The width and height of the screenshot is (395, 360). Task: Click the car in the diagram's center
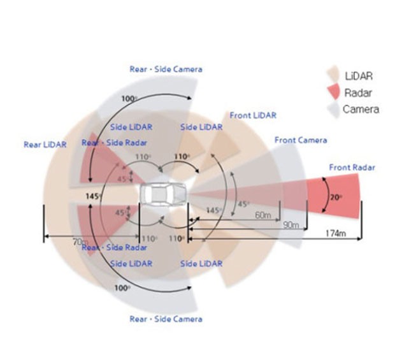(x=164, y=194)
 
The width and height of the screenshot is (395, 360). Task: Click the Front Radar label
(x=352, y=168)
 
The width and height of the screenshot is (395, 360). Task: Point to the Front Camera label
(x=301, y=140)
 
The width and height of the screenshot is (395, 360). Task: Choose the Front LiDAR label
(x=254, y=115)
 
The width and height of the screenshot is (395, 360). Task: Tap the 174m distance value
(x=334, y=234)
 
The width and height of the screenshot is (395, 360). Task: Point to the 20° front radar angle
(x=336, y=198)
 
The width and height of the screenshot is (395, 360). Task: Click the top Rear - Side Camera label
(x=166, y=69)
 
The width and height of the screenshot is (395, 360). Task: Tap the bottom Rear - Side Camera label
(x=166, y=319)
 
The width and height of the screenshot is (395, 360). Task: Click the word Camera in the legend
(x=361, y=110)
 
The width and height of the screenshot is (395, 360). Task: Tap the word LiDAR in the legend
(x=358, y=76)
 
